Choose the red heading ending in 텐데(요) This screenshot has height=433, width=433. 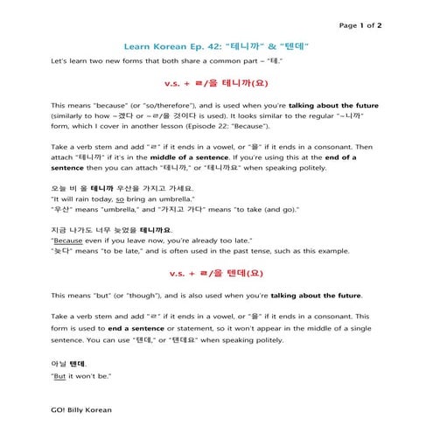click(x=217, y=273)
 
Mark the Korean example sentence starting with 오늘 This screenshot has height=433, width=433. click(x=122, y=187)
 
